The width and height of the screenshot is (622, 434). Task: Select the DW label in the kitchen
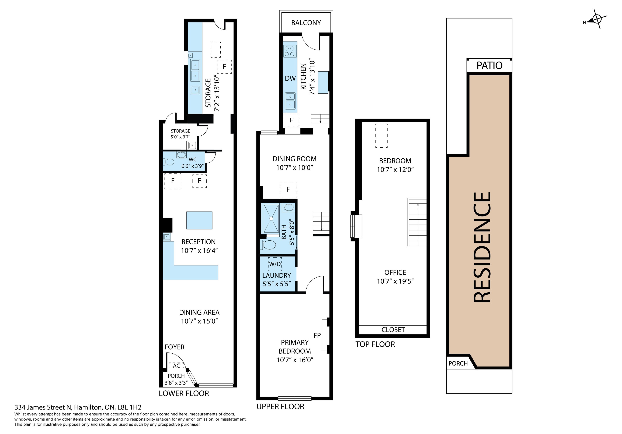(x=290, y=79)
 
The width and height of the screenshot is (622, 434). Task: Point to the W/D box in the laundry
(x=275, y=264)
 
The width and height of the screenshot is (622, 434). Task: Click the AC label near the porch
(x=176, y=366)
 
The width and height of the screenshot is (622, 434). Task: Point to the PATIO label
(x=489, y=65)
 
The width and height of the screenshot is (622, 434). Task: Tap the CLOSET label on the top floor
(x=393, y=330)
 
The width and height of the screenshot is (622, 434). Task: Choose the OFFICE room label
(x=395, y=272)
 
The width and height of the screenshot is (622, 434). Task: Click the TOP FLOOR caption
(x=375, y=344)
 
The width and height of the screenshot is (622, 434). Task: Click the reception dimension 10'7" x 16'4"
(x=199, y=251)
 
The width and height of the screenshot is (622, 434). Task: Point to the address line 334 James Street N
(x=78, y=407)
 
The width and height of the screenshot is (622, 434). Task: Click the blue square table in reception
(x=199, y=220)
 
